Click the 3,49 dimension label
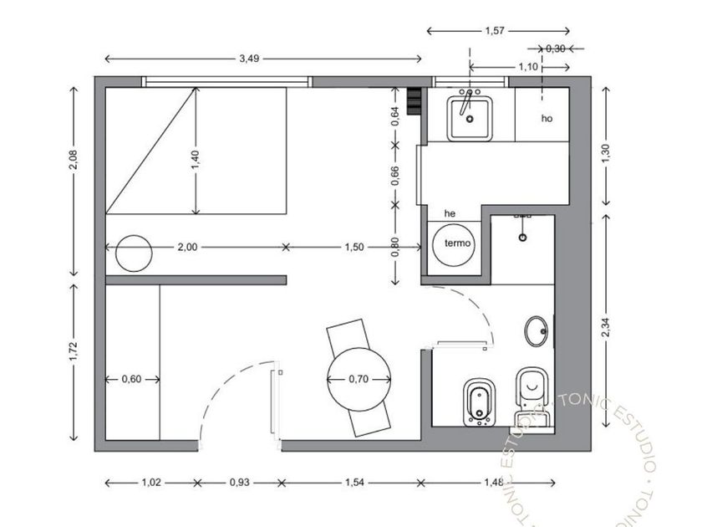249,59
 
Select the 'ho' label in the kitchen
547,118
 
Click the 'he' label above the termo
450,213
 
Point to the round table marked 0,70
359,379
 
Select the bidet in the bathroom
479,402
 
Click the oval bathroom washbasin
536,331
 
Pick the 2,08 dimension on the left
73,160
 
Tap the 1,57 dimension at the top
495,31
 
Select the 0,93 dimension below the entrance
240,483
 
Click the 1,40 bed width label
196,160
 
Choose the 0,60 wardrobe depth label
132,379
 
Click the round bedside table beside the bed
134,253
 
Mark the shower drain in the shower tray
522,237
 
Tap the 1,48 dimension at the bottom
494,483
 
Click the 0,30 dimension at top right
555,49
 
